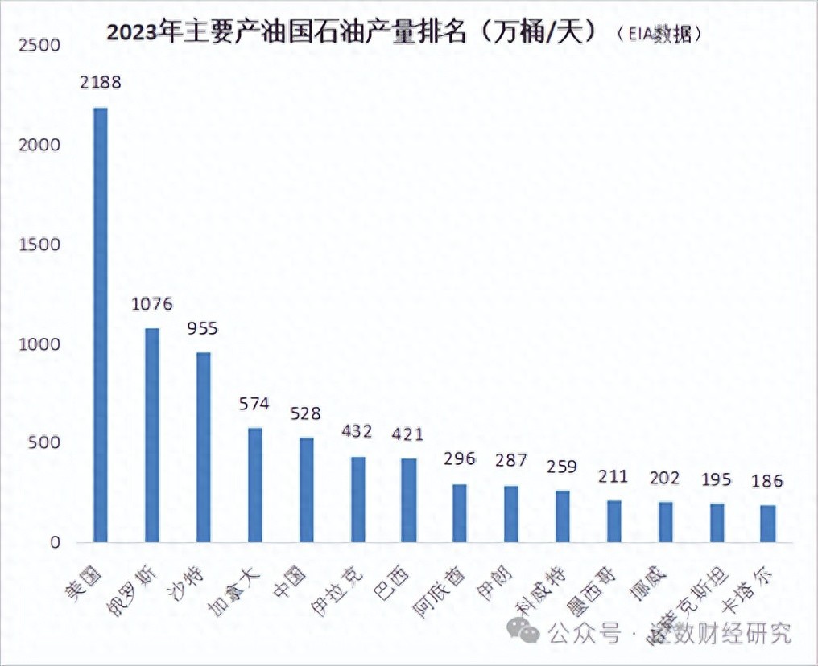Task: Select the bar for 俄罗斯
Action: point(151,434)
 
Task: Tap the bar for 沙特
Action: point(203,446)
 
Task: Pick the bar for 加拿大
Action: point(254,484)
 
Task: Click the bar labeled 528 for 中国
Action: point(306,489)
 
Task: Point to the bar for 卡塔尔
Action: point(768,523)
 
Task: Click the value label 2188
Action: point(100,82)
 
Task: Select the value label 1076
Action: point(152,304)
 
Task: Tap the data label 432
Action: point(357,431)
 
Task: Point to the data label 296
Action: point(460,459)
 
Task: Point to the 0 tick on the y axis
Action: point(54,543)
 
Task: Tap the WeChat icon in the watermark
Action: point(529,635)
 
